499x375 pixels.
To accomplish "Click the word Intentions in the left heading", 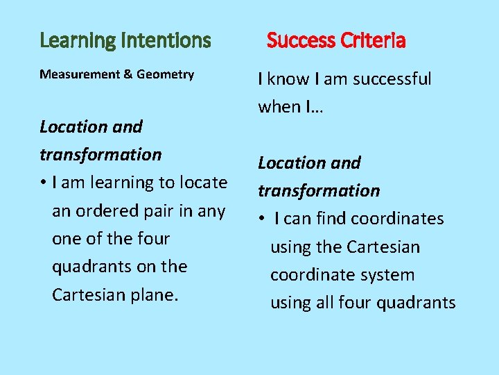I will coord(166,41).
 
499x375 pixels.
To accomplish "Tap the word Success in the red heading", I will coord(300,41).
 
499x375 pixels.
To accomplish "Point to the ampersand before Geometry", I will coord(128,74).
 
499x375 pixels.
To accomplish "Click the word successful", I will coord(392,79).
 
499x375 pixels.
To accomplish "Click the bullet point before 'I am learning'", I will coord(43,183).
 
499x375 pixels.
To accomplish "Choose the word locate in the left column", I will coord(203,183).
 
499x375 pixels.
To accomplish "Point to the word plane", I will coord(154,294).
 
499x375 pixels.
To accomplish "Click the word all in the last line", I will coord(324,302).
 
